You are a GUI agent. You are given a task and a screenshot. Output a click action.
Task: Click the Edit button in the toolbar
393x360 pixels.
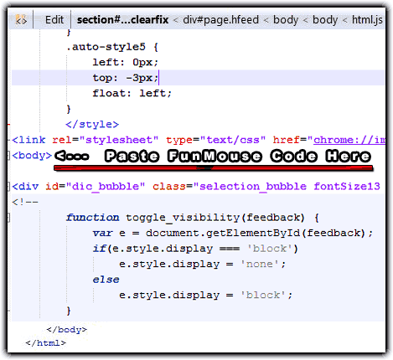point(54,20)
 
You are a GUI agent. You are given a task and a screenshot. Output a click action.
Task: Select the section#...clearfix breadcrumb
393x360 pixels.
point(122,20)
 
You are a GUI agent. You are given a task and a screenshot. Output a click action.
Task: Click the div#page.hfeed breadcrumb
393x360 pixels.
point(220,20)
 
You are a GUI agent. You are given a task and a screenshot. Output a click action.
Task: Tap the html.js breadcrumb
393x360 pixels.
point(367,20)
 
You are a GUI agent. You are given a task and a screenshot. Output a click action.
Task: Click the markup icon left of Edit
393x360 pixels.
point(21,20)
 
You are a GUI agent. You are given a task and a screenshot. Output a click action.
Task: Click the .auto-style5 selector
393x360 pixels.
point(106,47)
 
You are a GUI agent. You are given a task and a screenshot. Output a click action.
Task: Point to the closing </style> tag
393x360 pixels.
point(92,124)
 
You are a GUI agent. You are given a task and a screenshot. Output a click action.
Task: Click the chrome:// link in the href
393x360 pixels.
point(349,140)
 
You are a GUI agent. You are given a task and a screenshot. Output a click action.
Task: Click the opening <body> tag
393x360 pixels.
point(32,156)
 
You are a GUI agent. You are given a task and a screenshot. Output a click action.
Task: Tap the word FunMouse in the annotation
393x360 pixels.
point(215,156)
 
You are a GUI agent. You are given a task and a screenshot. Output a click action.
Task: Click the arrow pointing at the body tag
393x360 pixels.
point(72,156)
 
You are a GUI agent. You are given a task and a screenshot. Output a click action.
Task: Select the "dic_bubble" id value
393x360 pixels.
point(106,187)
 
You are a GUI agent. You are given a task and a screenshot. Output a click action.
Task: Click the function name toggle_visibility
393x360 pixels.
point(183,218)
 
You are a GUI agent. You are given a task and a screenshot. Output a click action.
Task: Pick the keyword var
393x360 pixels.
point(102,233)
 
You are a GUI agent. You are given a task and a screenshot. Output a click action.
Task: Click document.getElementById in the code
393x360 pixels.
point(223,233)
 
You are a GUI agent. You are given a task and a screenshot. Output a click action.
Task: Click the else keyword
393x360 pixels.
point(106,280)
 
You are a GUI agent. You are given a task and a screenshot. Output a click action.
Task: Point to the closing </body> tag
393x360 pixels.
point(67,330)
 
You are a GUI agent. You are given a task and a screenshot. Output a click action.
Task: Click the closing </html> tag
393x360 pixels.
point(46,342)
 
